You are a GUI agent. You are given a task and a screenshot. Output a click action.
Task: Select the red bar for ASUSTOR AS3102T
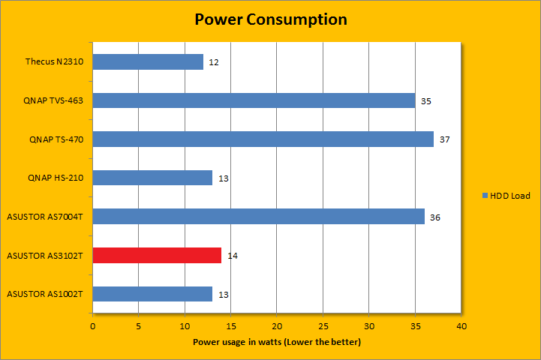(157, 256)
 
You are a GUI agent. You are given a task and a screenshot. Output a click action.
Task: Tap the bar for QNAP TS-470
(263, 139)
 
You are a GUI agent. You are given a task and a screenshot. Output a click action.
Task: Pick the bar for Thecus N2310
(148, 61)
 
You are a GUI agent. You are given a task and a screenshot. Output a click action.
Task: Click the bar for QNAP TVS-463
(254, 100)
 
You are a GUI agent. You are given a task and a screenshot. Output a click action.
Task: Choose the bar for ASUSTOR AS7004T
(258, 217)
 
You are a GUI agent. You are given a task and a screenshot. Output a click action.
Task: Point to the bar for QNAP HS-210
(152, 178)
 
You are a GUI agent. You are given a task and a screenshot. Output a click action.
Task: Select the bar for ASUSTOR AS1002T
(152, 294)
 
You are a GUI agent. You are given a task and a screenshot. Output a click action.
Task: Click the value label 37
(444, 139)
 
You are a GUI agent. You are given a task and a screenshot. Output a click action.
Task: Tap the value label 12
(214, 62)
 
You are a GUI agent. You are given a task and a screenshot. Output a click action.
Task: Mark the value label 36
(435, 217)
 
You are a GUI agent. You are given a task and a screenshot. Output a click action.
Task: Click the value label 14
(233, 256)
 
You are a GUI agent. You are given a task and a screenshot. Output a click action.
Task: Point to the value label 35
(426, 100)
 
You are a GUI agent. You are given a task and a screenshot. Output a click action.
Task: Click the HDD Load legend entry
(506, 196)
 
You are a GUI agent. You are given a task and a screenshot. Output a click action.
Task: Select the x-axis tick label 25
(323, 326)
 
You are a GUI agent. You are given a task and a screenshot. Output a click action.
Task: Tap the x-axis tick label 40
(461, 326)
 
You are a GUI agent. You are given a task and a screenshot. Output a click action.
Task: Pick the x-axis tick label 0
(93, 326)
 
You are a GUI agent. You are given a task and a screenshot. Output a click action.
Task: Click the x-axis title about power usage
(277, 342)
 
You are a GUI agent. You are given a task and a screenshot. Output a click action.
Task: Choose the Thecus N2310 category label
(54, 61)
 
